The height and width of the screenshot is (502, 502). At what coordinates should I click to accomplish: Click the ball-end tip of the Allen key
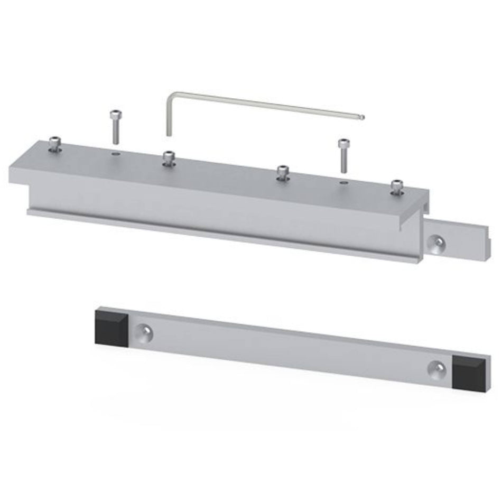tap(362, 116)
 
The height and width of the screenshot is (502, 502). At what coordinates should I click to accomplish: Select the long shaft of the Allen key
tap(264, 104)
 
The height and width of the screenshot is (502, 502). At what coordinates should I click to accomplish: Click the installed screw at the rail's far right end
tap(396, 188)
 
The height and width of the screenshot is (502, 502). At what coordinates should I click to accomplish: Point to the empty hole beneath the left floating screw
tap(115, 154)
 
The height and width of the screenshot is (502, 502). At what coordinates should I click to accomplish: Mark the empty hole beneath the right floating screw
tap(344, 182)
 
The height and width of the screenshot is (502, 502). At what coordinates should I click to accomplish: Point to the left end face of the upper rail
tap(19, 177)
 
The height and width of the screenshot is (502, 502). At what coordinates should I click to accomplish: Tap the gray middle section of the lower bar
tap(291, 349)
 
